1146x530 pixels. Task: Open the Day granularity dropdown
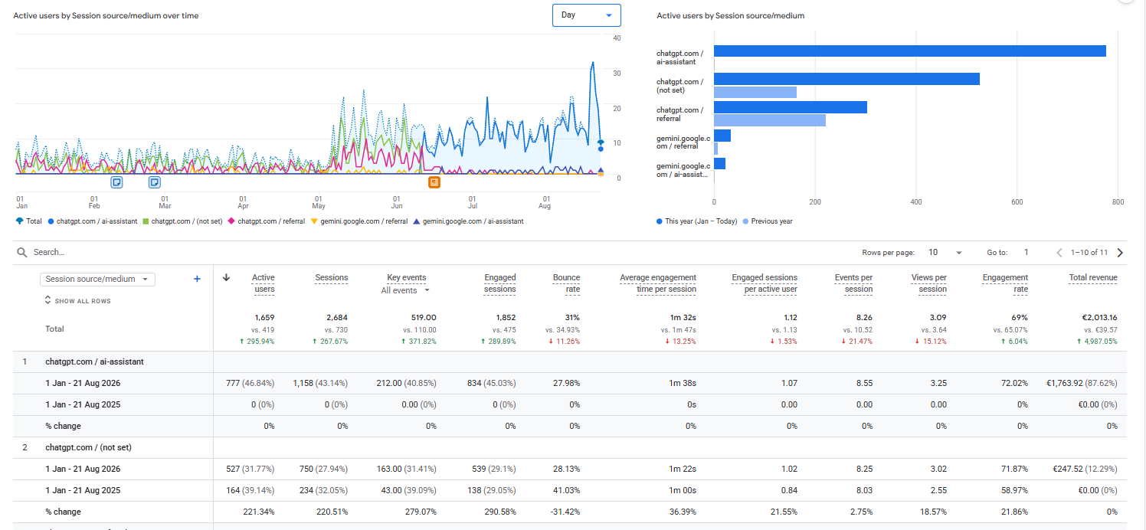point(586,15)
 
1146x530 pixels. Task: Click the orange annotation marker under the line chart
point(434,182)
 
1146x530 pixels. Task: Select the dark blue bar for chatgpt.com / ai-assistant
point(909,51)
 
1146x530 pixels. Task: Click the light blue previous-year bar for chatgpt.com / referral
point(769,120)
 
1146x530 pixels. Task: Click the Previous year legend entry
point(768,221)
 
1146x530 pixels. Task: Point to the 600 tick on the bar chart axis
point(1017,202)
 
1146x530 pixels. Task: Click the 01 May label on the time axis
point(318,203)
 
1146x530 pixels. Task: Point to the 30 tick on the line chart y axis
point(617,74)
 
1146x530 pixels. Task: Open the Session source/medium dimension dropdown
point(97,279)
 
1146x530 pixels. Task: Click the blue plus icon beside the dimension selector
point(197,279)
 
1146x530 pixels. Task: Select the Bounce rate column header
point(566,283)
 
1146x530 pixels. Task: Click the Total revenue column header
point(1093,278)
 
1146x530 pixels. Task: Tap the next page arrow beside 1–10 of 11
point(1121,253)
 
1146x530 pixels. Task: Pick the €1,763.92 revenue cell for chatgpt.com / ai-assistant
point(1082,383)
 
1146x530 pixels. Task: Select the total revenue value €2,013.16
point(1099,318)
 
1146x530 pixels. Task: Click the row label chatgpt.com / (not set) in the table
point(89,447)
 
